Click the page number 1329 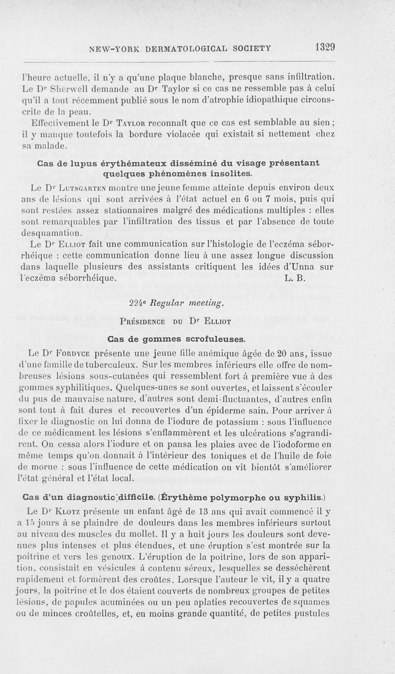point(324,47)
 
